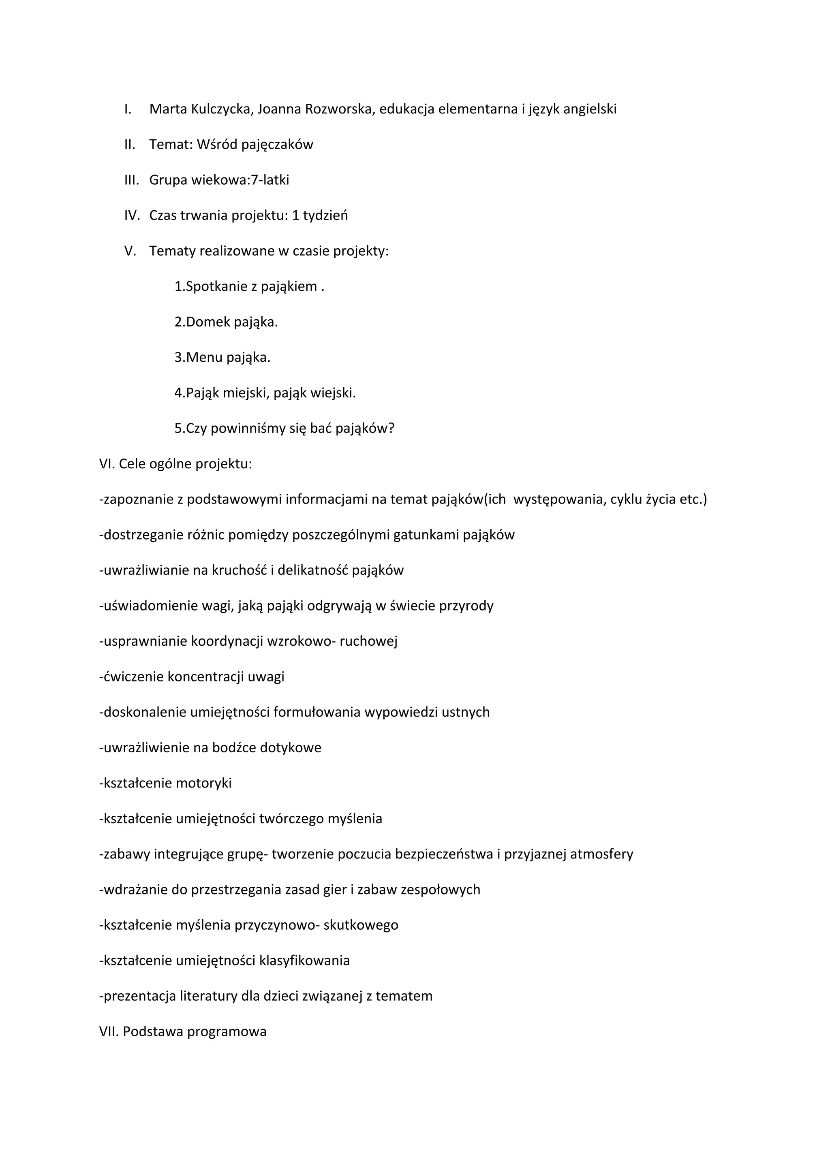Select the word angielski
590,109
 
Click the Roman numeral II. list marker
129,145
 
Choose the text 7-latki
270,180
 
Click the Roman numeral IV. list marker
131,215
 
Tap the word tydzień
325,215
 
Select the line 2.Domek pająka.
226,322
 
